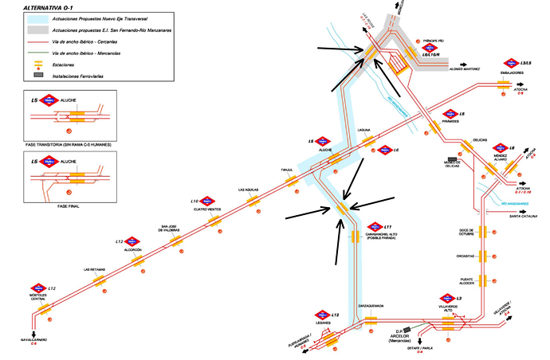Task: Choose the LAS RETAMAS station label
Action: pos(95,269)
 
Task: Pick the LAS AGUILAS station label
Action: pos(249,190)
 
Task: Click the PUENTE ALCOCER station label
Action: pos(467,281)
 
